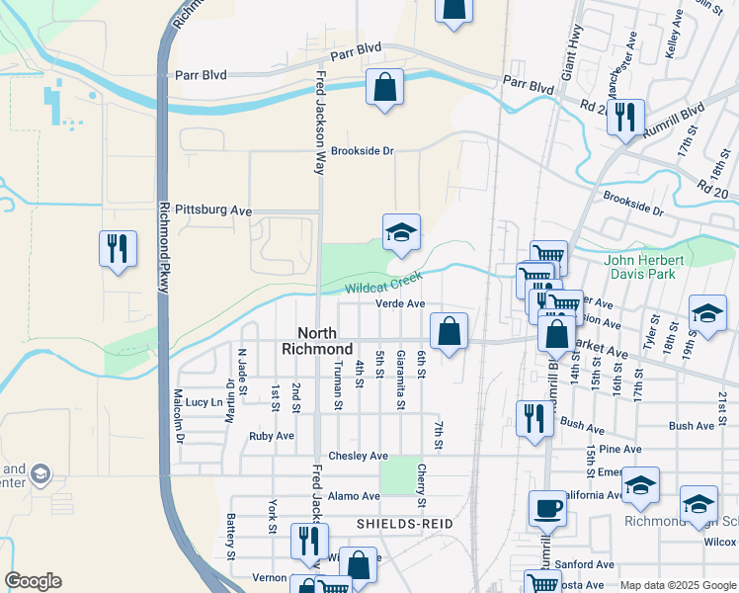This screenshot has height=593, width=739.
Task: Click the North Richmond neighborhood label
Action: click(317, 341)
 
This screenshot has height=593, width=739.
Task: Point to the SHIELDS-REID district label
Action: click(405, 523)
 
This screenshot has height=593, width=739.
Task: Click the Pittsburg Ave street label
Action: click(213, 211)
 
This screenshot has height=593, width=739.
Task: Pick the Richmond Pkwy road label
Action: click(165, 247)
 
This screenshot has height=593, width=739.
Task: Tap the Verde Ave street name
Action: click(400, 304)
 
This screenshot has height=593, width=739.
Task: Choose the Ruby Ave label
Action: click(272, 436)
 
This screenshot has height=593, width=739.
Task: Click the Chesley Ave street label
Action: click(359, 456)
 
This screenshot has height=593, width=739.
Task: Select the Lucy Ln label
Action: click(204, 402)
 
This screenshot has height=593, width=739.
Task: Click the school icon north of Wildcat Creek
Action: click(401, 233)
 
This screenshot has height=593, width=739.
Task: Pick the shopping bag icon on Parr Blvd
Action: click(384, 87)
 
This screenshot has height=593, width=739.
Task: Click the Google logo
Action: click(33, 581)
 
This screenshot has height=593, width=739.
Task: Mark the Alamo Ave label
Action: click(355, 496)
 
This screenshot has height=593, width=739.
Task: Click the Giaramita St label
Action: click(400, 379)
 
